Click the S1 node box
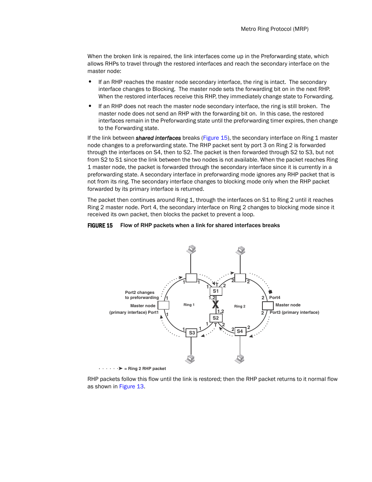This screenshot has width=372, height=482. point(216,291)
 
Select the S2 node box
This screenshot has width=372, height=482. point(216,318)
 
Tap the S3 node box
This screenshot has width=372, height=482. point(191,333)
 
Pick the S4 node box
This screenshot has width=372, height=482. point(240,331)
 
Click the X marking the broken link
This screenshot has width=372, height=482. point(215,304)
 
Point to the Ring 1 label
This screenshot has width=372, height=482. point(189,305)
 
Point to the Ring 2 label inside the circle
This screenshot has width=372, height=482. point(239,306)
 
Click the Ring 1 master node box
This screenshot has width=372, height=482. point(163,305)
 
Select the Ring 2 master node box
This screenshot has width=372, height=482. point(267,305)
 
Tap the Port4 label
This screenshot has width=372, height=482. point(275,297)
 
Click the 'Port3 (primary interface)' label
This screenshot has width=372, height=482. point(294,312)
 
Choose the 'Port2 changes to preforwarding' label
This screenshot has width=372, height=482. point(141,295)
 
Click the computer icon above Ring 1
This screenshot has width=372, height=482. point(191,250)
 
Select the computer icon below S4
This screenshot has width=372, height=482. point(240,359)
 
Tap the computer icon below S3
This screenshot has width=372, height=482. point(190,359)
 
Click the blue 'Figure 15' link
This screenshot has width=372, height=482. point(215,138)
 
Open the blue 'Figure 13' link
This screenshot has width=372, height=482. point(131,386)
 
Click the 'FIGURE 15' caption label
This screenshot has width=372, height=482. point(100,226)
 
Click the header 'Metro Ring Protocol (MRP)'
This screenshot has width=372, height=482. point(275,29)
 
